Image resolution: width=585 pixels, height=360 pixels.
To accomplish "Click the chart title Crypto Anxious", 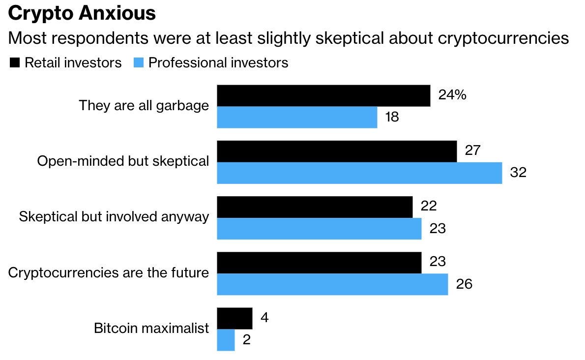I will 82,13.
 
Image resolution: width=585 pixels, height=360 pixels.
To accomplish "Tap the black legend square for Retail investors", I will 15,63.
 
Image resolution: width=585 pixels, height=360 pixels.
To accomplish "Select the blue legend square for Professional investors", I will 139,63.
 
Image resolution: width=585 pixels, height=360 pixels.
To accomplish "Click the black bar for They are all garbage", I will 323,95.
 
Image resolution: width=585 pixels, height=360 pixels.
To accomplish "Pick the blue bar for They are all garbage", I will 297,117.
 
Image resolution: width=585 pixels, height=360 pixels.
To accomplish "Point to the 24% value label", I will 452,95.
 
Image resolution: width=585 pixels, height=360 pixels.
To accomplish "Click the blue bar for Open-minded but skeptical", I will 359,173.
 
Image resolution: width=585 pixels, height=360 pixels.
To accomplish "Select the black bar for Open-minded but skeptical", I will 337,151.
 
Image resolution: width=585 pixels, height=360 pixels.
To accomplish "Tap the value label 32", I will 518,173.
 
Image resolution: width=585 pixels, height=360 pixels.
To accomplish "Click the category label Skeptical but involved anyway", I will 114,217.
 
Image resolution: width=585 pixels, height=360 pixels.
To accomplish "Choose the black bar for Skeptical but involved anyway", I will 315,207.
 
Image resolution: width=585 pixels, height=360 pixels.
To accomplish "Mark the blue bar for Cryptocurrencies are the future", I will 332,284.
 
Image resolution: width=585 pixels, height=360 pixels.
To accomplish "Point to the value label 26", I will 464,284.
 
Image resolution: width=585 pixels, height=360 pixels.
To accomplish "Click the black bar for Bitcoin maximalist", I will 234,318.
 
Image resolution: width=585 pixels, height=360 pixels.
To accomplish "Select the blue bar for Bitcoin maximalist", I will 226,340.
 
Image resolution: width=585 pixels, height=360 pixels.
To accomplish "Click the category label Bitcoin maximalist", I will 151,329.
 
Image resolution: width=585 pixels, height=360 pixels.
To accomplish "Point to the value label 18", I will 392,117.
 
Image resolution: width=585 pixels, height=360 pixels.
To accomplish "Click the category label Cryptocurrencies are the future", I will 109,272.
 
